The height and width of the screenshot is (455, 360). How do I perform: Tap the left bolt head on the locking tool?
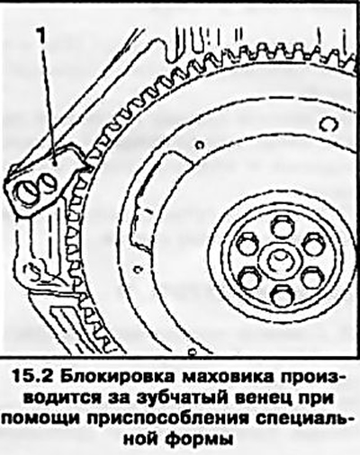tap(28, 194)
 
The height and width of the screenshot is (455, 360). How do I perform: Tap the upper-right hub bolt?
tap(311, 244)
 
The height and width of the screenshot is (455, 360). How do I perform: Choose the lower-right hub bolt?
tap(311, 278)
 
